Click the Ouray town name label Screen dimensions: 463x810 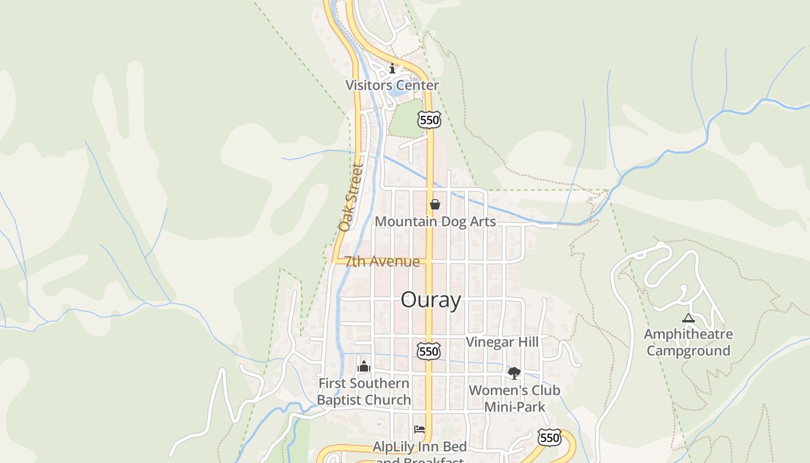point(431,300)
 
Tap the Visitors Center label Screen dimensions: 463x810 point(392,85)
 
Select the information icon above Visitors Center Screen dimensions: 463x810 point(392,69)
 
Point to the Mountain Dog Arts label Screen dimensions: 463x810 point(435,222)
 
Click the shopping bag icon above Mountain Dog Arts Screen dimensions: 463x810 point(435,204)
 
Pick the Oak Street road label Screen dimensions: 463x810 point(351,197)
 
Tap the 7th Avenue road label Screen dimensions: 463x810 point(382,262)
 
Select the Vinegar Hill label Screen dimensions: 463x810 point(502,342)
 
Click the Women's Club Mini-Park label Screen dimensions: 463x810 point(514,398)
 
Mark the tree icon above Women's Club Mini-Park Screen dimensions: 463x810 point(514,373)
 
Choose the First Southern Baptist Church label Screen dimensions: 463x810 point(364,391)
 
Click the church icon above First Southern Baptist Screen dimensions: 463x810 point(364,366)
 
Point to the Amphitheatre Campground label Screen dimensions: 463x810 point(689,343)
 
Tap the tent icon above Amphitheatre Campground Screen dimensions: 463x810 point(688,318)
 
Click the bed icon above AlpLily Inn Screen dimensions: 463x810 point(419,429)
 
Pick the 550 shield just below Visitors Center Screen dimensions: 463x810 point(429,120)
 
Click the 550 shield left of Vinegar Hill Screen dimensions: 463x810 point(428,351)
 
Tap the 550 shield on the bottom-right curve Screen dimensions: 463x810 point(548,438)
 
